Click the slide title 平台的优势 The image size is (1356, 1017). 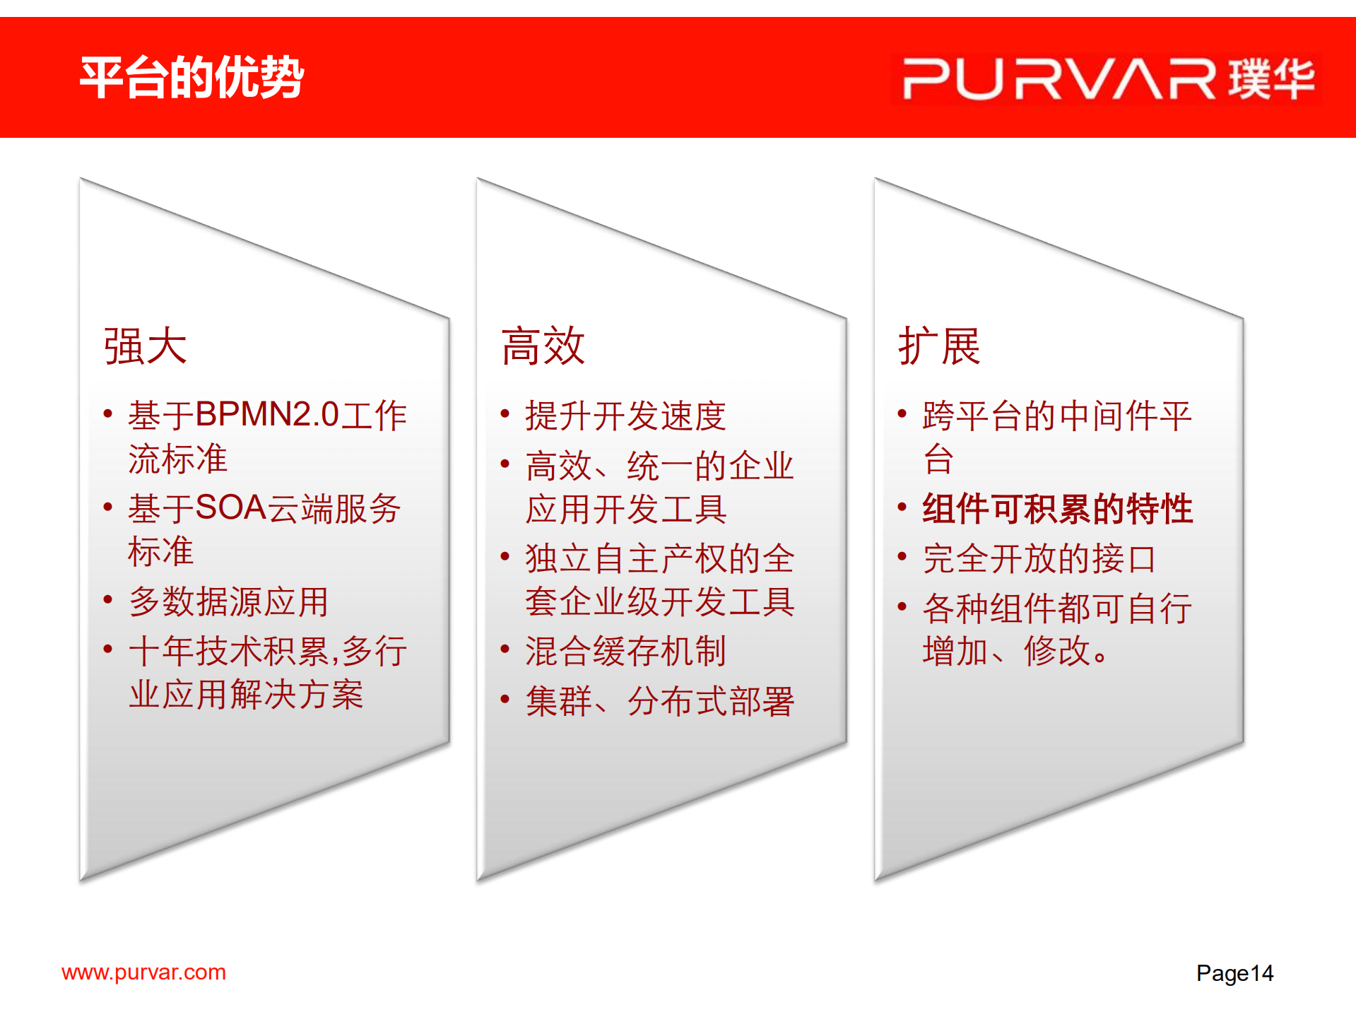[x=191, y=77]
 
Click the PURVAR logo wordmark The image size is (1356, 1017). [x=1058, y=78]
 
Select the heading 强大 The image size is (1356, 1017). [x=145, y=346]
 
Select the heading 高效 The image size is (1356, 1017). [x=543, y=346]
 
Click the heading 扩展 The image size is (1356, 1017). [x=939, y=346]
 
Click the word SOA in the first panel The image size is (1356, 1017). [x=230, y=507]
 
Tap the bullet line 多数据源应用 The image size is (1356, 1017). [x=228, y=601]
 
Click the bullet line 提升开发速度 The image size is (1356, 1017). [x=625, y=415]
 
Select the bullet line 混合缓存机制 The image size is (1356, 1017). [x=625, y=650]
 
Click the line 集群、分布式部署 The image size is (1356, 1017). [x=659, y=701]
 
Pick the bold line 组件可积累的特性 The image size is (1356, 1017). [x=1057, y=508]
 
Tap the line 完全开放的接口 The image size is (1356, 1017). [x=1039, y=558]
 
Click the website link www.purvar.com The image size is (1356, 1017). [x=143, y=972]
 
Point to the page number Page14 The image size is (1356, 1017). [x=1234, y=973]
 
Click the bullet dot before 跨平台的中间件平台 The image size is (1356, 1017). [x=902, y=413]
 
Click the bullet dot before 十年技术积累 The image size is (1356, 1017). [x=107, y=649]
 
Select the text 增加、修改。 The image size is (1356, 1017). [x=1016, y=651]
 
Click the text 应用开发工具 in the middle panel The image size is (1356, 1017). [x=625, y=509]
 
